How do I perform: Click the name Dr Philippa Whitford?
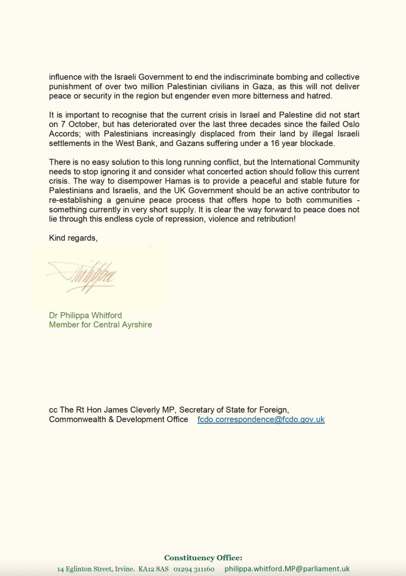pos(85,315)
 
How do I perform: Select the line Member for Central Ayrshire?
pos(100,325)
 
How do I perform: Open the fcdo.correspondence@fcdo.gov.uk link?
pos(261,420)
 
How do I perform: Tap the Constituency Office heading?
pos(203,558)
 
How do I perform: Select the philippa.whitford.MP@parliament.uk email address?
pos(287,569)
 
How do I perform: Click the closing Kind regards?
pos(73,238)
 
